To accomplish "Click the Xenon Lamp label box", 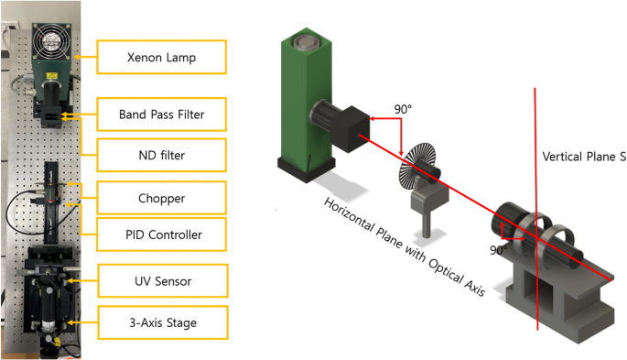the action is point(161,57).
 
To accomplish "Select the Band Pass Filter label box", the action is point(161,115).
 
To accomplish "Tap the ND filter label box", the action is point(161,155).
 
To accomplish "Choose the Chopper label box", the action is point(161,198).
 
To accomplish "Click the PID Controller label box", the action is point(161,235).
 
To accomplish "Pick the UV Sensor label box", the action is point(163,281).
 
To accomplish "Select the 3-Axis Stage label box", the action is point(163,322).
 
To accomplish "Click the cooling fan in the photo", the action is point(51,40).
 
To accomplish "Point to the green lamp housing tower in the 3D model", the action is point(307,100).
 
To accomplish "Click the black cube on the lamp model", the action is point(351,129).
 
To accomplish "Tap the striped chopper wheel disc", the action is point(415,166).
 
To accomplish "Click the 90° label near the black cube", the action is point(403,109).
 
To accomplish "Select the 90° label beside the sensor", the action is point(499,250).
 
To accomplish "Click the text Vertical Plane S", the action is point(584,157).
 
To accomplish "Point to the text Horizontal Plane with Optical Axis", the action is point(405,246).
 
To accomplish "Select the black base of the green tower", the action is point(307,169).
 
